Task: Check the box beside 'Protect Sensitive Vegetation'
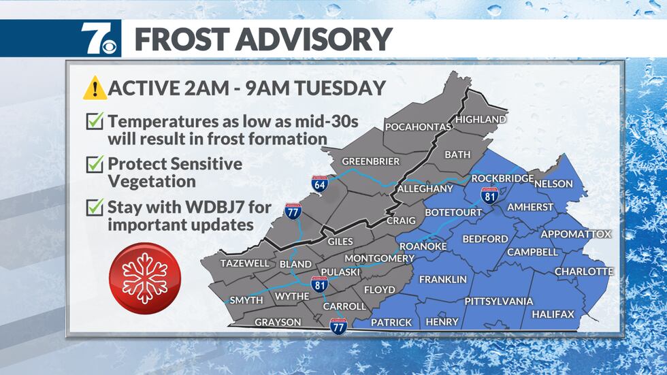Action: [94, 165]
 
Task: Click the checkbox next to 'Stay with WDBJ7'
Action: [94, 207]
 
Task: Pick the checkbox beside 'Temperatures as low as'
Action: [94, 123]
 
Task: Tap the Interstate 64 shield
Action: [319, 183]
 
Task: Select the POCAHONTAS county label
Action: [418, 127]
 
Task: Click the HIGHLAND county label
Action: [481, 119]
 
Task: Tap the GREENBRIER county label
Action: [370, 161]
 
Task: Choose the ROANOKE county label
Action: [423, 245]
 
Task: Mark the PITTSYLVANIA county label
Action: [498, 301]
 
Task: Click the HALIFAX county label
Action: [553, 314]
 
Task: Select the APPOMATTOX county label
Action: [576, 234]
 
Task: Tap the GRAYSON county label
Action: [278, 322]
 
